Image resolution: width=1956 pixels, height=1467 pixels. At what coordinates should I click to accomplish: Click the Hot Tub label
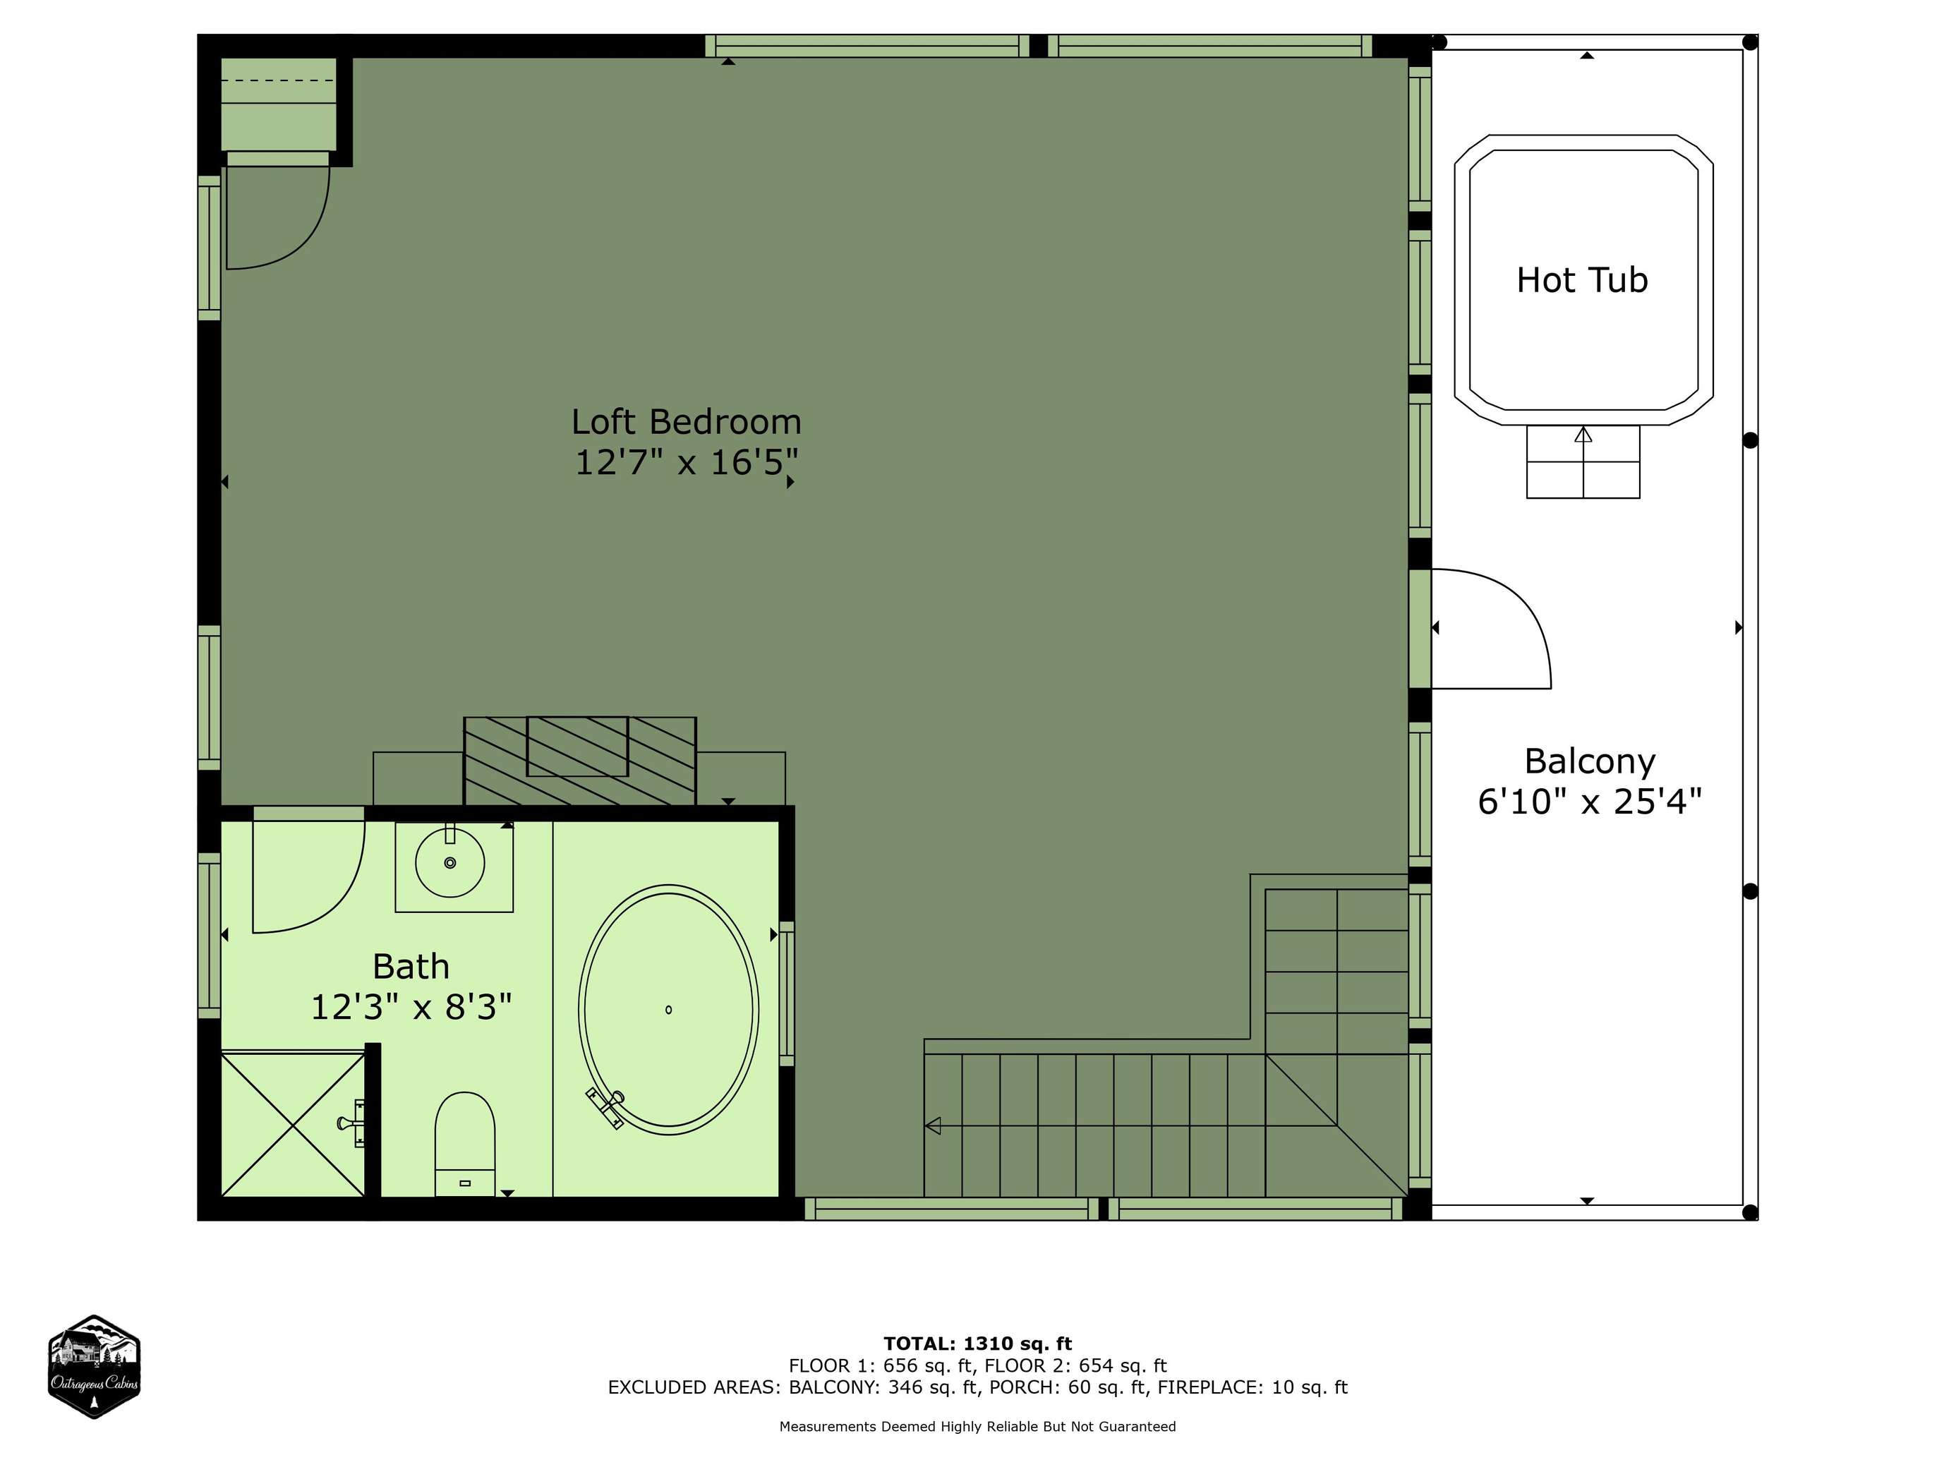(x=1582, y=280)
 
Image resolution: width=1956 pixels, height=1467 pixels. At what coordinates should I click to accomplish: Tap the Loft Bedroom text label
(x=686, y=422)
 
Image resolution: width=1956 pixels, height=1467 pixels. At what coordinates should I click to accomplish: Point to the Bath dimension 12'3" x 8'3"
(x=411, y=1006)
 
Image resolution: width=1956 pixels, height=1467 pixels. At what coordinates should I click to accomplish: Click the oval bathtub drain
(x=668, y=1010)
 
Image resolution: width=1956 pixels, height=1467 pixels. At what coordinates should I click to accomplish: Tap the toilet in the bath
(x=464, y=1143)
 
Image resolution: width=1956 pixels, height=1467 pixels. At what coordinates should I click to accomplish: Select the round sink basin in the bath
(x=450, y=862)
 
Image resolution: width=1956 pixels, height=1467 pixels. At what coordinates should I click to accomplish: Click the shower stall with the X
(x=293, y=1123)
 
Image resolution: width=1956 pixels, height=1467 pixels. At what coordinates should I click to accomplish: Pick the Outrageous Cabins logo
(x=94, y=1366)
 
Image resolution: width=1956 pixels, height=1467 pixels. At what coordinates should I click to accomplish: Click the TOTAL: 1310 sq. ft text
(x=977, y=1344)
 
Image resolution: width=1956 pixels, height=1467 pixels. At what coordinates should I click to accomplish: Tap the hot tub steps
(x=1583, y=461)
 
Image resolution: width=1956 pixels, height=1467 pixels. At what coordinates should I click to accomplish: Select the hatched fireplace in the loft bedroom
(x=580, y=761)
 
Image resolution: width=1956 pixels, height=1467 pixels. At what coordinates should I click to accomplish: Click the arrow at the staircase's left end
(x=932, y=1125)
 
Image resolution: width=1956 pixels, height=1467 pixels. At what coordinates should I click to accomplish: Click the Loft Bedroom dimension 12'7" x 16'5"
(x=686, y=462)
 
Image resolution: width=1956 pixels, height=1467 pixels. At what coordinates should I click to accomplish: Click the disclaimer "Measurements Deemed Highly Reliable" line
(x=977, y=1426)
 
